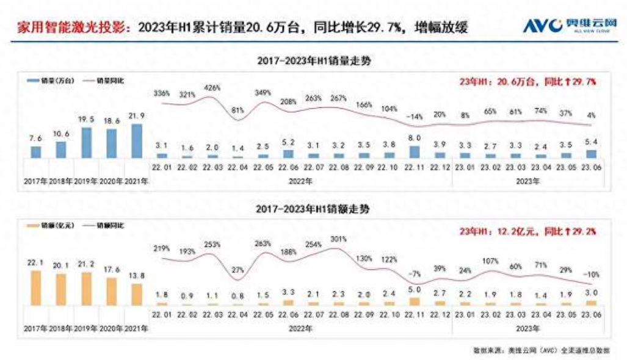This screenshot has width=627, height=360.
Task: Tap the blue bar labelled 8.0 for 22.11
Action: pyautogui.click(x=414, y=151)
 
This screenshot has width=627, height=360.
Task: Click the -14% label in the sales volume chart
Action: pyautogui.click(x=413, y=116)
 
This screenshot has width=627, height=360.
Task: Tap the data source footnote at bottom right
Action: pyautogui.click(x=541, y=350)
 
